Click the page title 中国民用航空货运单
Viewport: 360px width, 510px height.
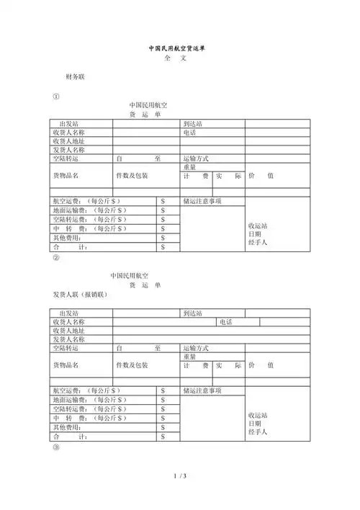(x=179, y=48)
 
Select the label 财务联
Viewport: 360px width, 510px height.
(x=76, y=76)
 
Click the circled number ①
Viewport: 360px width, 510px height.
(x=57, y=97)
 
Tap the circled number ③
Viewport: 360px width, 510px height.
(x=57, y=447)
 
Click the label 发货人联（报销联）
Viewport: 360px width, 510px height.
(x=80, y=295)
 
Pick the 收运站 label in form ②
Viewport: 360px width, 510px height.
(x=258, y=416)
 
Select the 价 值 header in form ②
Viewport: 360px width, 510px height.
(x=260, y=365)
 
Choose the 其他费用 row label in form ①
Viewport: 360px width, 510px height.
(x=67, y=238)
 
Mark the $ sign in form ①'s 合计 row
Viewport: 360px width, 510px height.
(x=163, y=247)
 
